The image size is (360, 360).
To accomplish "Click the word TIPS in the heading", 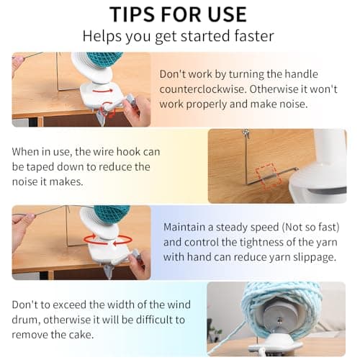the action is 133,14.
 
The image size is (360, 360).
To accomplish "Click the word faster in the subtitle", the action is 254,36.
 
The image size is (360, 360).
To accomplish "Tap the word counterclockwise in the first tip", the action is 203,89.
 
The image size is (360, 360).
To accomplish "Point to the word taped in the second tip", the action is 40,167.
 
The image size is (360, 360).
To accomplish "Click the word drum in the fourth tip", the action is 26,320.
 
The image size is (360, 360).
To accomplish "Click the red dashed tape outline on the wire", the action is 268,175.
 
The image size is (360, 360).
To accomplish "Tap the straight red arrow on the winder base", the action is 103,91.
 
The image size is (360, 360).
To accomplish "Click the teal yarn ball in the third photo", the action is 111,215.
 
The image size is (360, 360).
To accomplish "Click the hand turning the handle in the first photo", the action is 135,110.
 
